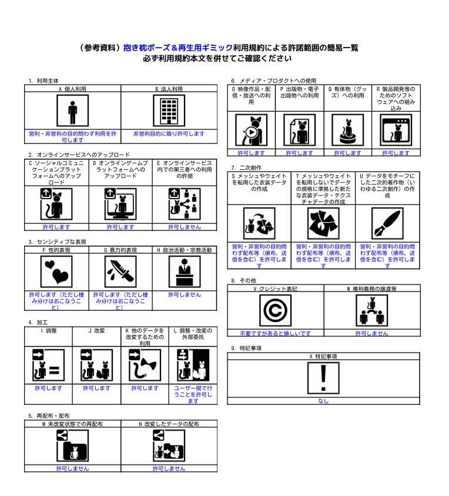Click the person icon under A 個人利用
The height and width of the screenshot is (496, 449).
(72, 110)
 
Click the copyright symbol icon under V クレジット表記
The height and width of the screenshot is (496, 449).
(275, 310)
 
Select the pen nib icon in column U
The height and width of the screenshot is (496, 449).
(387, 223)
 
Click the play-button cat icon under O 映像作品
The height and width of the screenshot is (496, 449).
(251, 129)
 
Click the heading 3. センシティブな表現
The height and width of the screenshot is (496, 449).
(57, 242)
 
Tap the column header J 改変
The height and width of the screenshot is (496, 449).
(96, 331)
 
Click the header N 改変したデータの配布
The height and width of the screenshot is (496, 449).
(169, 424)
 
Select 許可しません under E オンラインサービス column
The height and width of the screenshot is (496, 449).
(185, 227)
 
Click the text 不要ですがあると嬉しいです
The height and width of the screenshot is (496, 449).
(275, 333)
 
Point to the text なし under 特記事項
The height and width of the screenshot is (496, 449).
(323, 401)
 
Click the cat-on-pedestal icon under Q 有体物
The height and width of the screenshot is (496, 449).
(347, 129)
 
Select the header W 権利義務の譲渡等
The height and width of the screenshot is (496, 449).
(371, 289)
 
